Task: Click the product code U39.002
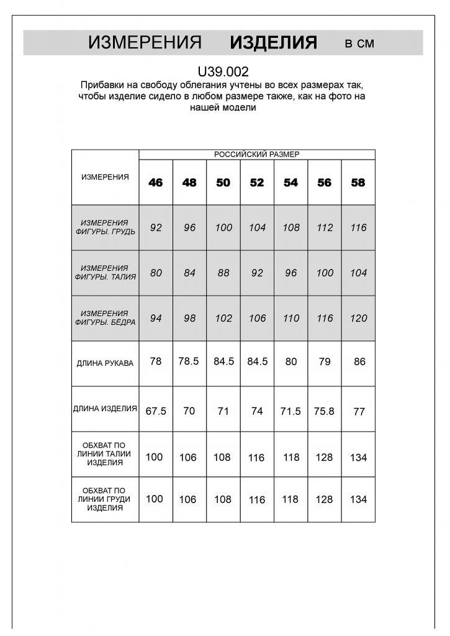tap(223, 72)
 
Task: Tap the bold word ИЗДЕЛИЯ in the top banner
tap(273, 43)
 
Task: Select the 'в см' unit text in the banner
tap(359, 43)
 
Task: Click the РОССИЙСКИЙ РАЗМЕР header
tap(256, 155)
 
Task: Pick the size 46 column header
tap(156, 183)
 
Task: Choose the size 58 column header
tap(358, 183)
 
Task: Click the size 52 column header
tap(257, 183)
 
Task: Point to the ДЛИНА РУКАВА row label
tap(105, 363)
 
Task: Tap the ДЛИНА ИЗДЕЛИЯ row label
tap(105, 409)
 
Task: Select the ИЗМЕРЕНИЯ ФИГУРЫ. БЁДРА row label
tap(105, 318)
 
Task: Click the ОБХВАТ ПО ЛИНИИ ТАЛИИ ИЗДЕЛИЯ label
tap(105, 454)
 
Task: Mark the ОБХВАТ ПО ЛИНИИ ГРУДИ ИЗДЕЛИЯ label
tap(105, 499)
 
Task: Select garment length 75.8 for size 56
tap(325, 411)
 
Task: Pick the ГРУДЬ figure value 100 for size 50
tap(223, 228)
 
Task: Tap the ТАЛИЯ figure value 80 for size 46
tap(156, 273)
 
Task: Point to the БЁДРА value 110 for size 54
tap(290, 319)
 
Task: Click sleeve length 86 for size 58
tap(359, 361)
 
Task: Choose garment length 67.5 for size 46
tap(156, 411)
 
